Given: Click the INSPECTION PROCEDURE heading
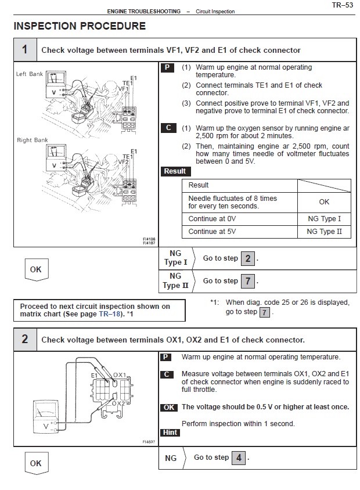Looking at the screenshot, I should pos(79,26).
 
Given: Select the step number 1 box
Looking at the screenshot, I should pos(24,49).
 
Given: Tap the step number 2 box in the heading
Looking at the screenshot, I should pos(24,339).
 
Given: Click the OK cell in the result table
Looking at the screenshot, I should pos(324,201).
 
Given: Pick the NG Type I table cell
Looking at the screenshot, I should pos(324,219).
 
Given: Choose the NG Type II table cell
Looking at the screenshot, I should pos(324,232).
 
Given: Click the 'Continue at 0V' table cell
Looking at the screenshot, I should pos(239,219).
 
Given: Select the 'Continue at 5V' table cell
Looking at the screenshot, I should pos(239,232).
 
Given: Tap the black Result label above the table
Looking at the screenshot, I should pos(175,171).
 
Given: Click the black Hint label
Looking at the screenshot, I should pos(170,433).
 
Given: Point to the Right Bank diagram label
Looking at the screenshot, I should pos(33,140).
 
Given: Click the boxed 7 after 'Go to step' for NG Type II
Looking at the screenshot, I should pos(247,281).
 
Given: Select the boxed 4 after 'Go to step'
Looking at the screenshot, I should pos(239,457).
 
